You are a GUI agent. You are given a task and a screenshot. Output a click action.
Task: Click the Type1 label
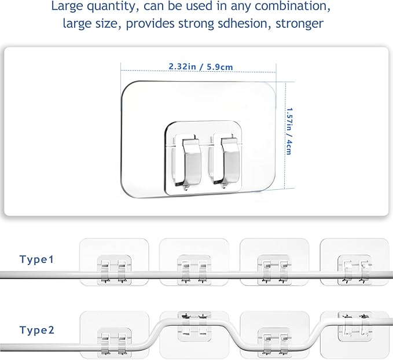pyautogui.click(x=36, y=259)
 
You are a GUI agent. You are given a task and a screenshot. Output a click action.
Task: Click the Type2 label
pyautogui.click(x=37, y=330)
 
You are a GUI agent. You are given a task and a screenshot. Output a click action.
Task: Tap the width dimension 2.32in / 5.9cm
pyautogui.click(x=201, y=67)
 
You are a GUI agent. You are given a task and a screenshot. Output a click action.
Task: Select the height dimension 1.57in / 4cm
pyautogui.click(x=289, y=131)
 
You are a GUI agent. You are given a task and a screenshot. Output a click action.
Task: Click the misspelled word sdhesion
pyautogui.click(x=244, y=24)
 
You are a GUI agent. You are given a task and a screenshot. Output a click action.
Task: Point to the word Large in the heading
pyautogui.click(x=67, y=6)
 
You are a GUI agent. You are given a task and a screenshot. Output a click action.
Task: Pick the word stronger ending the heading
pyautogui.click(x=299, y=24)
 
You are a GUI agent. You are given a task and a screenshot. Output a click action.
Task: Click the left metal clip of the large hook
pyautogui.click(x=191, y=163)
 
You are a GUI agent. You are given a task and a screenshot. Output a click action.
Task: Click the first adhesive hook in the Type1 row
pyautogui.click(x=114, y=262)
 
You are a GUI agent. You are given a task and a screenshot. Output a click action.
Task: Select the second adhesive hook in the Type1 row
pyautogui.click(x=194, y=262)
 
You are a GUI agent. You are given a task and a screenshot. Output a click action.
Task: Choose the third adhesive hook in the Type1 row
pyautogui.click(x=274, y=262)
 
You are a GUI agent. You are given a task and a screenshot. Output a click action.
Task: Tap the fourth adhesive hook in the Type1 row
pyautogui.click(x=355, y=262)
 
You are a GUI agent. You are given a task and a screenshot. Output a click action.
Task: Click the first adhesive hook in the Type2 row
pyautogui.click(x=114, y=335)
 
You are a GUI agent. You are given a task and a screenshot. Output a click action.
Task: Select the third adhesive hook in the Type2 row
pyautogui.click(x=274, y=335)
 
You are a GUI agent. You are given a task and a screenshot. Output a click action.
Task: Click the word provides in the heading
pyautogui.click(x=150, y=24)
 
